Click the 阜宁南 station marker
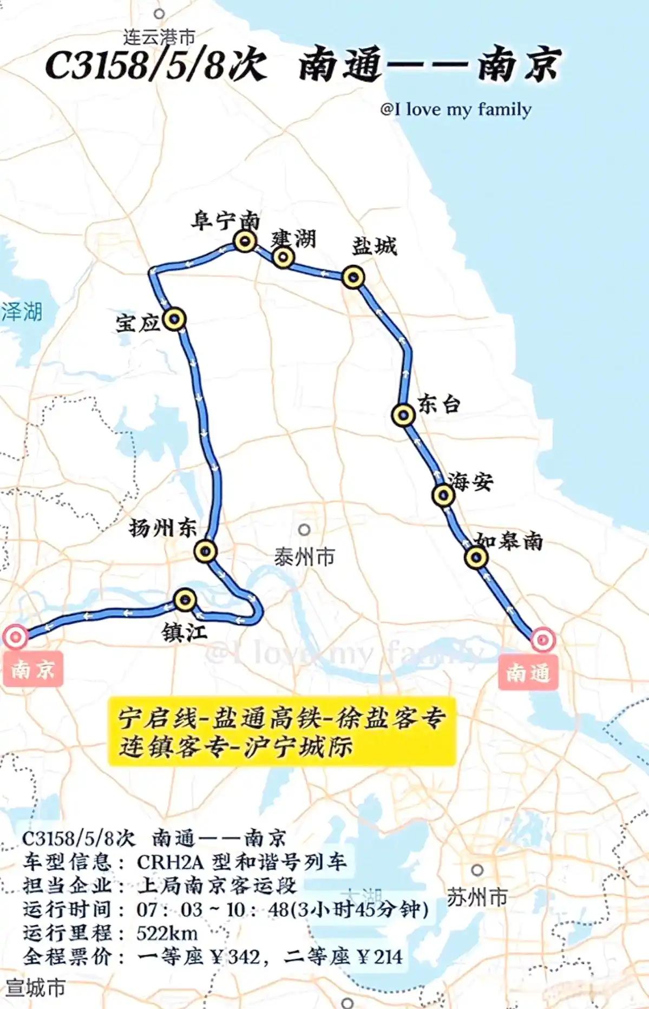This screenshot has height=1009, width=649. point(245,241)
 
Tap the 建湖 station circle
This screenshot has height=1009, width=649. point(283,258)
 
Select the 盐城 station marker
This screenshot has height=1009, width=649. point(353,277)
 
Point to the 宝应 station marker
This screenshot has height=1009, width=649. point(174,319)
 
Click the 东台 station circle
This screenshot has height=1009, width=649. point(403,415)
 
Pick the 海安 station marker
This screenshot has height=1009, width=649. point(444,495)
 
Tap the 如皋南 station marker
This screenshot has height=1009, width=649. point(476,558)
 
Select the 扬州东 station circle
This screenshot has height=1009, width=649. point(206,552)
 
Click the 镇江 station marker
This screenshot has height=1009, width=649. point(185,599)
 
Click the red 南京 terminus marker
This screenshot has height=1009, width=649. point(15,637)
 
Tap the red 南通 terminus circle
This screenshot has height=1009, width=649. point(542,640)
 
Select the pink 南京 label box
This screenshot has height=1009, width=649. point(32,670)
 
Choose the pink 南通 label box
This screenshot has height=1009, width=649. point(528,673)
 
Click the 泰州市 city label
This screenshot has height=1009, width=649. point(304,556)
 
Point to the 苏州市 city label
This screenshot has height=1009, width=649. point(477,897)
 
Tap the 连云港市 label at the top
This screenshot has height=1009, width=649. point(159,37)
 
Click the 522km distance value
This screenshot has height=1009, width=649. point(167,933)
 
